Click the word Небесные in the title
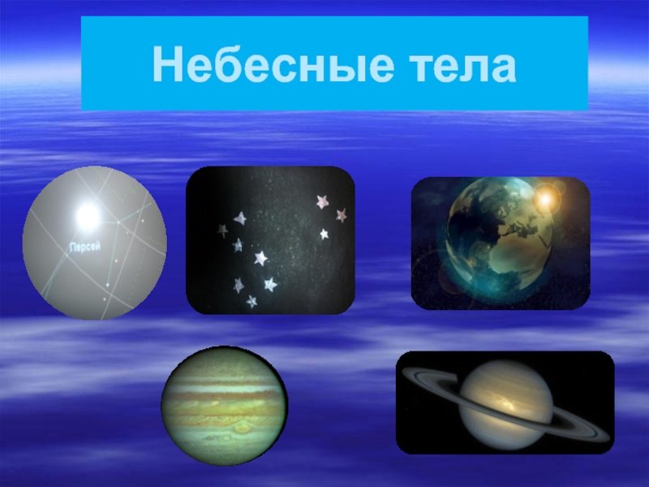(x=273, y=65)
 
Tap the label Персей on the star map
(x=85, y=248)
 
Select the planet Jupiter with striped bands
(x=224, y=406)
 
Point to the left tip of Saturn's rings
(x=403, y=372)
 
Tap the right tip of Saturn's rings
(x=609, y=437)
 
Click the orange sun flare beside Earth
(x=545, y=200)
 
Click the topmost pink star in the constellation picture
(x=322, y=201)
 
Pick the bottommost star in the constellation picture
(x=251, y=301)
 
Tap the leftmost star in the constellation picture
(x=222, y=231)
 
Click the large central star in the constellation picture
(x=260, y=258)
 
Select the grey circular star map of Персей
(x=95, y=243)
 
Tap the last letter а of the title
(x=504, y=68)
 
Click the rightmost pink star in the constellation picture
(x=341, y=215)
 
